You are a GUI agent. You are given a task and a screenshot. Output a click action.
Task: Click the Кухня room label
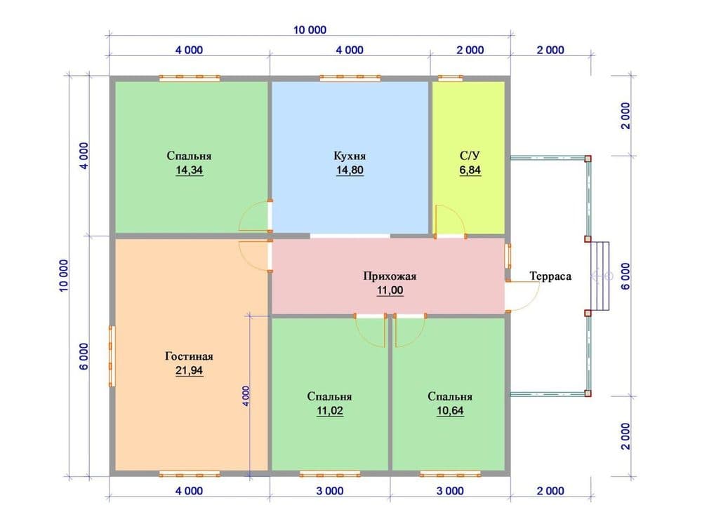point(350,156)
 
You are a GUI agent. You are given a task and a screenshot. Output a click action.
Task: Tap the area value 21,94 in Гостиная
point(189,370)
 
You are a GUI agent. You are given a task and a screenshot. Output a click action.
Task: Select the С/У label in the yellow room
point(470,156)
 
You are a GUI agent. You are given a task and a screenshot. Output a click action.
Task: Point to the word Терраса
point(550,276)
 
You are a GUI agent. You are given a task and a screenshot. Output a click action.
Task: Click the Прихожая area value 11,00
point(390,290)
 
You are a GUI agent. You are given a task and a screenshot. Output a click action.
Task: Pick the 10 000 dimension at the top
point(310,30)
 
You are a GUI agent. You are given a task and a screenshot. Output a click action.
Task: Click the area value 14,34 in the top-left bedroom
point(189,170)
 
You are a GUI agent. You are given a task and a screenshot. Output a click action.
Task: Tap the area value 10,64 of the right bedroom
point(450,410)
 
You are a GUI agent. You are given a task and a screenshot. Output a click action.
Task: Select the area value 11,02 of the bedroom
point(329,410)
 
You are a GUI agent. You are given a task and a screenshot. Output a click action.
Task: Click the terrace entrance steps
point(600,276)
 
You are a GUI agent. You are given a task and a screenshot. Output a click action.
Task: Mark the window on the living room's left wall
point(112,356)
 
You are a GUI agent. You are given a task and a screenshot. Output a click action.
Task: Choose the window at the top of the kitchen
point(350,78)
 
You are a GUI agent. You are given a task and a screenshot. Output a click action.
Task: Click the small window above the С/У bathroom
point(450,78)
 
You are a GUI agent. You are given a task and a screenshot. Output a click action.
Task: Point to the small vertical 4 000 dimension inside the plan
point(246,396)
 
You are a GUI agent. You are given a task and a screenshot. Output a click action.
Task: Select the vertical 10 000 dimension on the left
point(64,276)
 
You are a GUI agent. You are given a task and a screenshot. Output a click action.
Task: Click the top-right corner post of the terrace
point(588,159)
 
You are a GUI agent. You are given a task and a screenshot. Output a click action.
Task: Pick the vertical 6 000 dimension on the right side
point(625,276)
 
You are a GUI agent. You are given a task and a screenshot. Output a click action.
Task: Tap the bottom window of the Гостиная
point(190,473)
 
